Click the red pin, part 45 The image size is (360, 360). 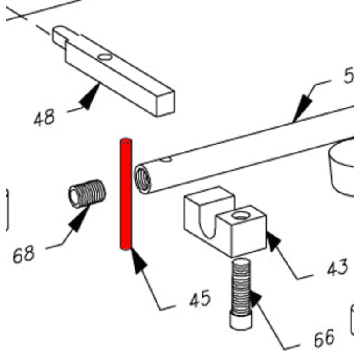click(x=126, y=193)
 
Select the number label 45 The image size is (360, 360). click(x=200, y=299)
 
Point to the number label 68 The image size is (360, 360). click(x=23, y=255)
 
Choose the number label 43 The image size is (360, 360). click(x=337, y=267)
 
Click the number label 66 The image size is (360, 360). click(x=324, y=337)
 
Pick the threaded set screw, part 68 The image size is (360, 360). click(x=87, y=194)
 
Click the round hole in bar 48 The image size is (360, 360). click(x=105, y=57)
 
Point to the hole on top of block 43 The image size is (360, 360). click(x=241, y=216)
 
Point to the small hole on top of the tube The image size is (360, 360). click(x=167, y=158)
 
